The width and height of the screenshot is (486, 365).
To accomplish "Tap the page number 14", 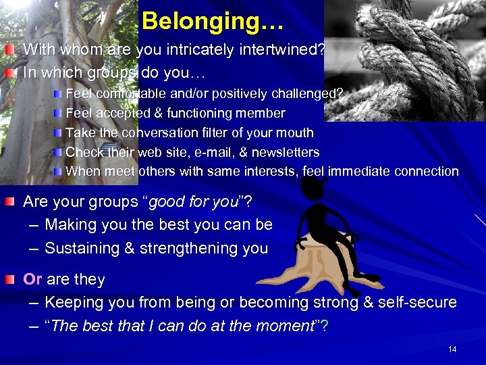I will click(452, 349).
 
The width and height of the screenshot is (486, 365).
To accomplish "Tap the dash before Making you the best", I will click(32, 225).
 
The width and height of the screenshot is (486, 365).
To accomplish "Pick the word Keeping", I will click(72, 302).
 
